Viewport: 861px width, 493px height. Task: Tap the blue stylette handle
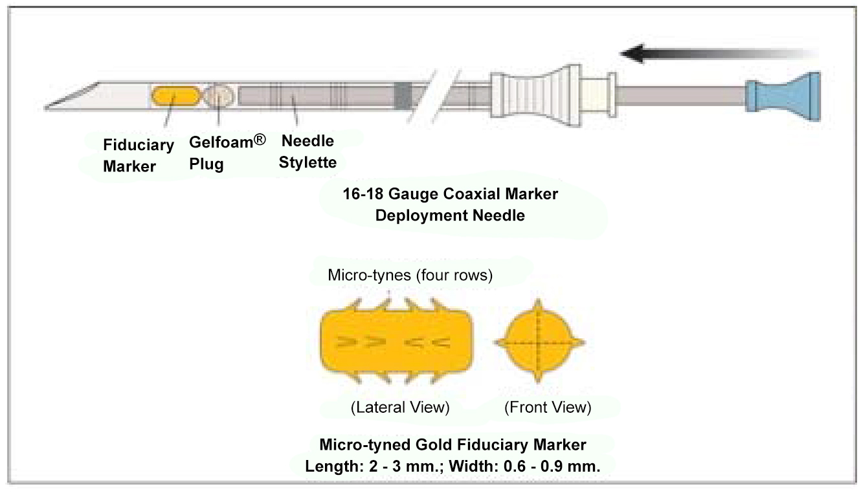point(783,96)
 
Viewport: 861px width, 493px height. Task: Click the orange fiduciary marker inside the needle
point(175,96)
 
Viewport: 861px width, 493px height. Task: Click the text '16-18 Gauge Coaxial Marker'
point(450,193)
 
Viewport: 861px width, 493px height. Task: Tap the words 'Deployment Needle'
point(450,215)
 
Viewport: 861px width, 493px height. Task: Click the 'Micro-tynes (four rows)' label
point(410,276)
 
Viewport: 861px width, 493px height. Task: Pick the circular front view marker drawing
point(539,341)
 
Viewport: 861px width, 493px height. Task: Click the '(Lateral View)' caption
point(399,408)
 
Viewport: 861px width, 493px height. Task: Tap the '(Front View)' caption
point(548,408)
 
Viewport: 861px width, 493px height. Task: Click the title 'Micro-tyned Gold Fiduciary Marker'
point(453,445)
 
